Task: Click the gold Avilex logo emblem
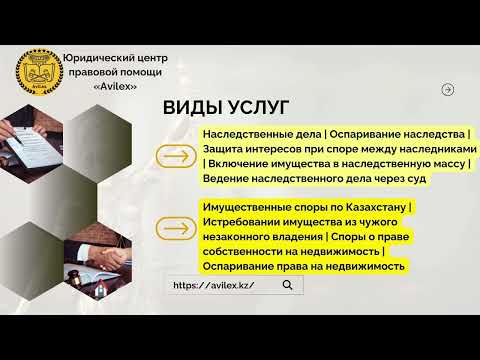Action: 37,70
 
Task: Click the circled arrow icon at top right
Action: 447,89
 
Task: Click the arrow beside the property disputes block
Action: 178,230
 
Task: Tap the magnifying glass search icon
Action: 288,285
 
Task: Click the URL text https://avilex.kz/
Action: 213,285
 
